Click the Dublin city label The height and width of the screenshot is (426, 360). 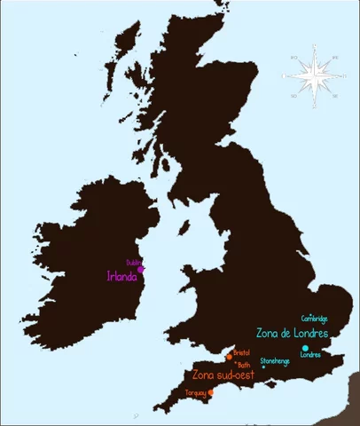(x=134, y=262)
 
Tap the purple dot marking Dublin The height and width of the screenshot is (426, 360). (x=141, y=269)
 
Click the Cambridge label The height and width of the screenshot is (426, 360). (x=315, y=318)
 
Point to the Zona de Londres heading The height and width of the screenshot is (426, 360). (x=293, y=334)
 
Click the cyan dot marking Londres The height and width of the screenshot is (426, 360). (x=305, y=348)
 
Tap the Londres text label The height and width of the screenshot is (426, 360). (x=310, y=356)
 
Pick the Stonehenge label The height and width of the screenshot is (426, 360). (x=275, y=360)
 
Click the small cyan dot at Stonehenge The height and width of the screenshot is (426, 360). (x=263, y=367)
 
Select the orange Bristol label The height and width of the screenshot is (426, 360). (x=241, y=352)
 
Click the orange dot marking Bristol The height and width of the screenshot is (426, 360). (x=229, y=357)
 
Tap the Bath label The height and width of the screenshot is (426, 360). (x=245, y=365)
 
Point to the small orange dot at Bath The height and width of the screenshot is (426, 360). (x=236, y=363)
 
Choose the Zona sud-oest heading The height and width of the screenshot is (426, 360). (x=223, y=375)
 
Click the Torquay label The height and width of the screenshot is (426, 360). (x=195, y=391)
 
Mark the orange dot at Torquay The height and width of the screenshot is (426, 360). (x=211, y=392)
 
